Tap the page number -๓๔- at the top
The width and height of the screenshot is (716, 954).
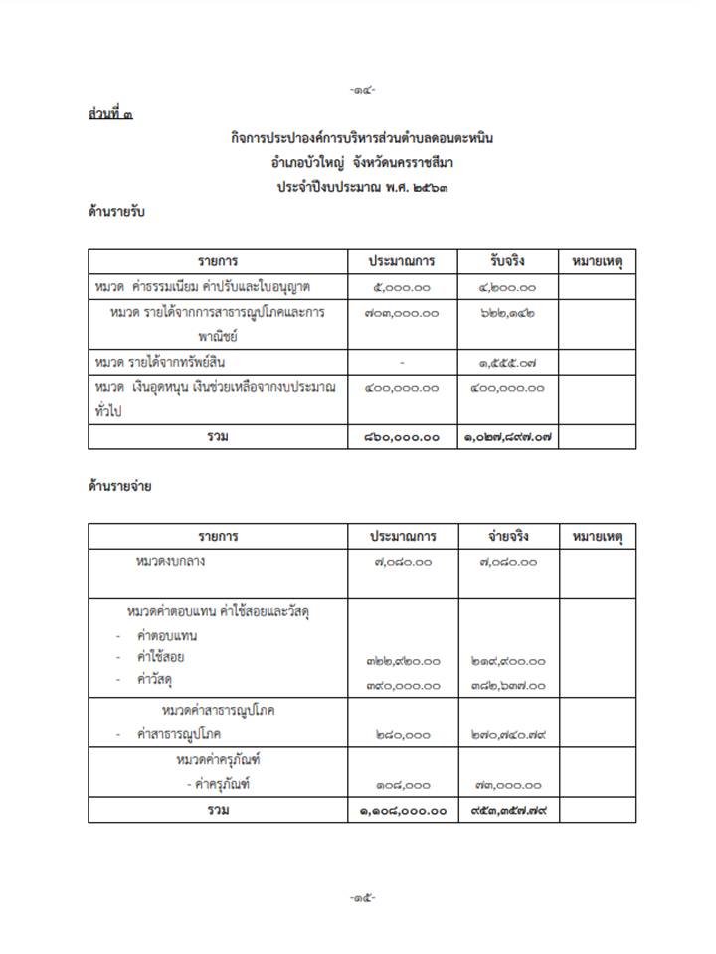[x=363, y=90]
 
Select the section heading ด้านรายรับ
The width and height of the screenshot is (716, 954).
[x=117, y=211]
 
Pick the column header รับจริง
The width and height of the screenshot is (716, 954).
[x=507, y=261]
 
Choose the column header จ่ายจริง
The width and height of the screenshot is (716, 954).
[x=507, y=537]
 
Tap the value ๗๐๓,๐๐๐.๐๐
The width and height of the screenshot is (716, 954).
[x=403, y=313]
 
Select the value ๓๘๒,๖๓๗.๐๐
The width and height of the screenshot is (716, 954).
[x=507, y=685]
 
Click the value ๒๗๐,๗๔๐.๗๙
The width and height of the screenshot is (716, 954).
[x=507, y=735]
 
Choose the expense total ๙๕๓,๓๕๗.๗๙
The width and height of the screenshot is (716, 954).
[x=507, y=810]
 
